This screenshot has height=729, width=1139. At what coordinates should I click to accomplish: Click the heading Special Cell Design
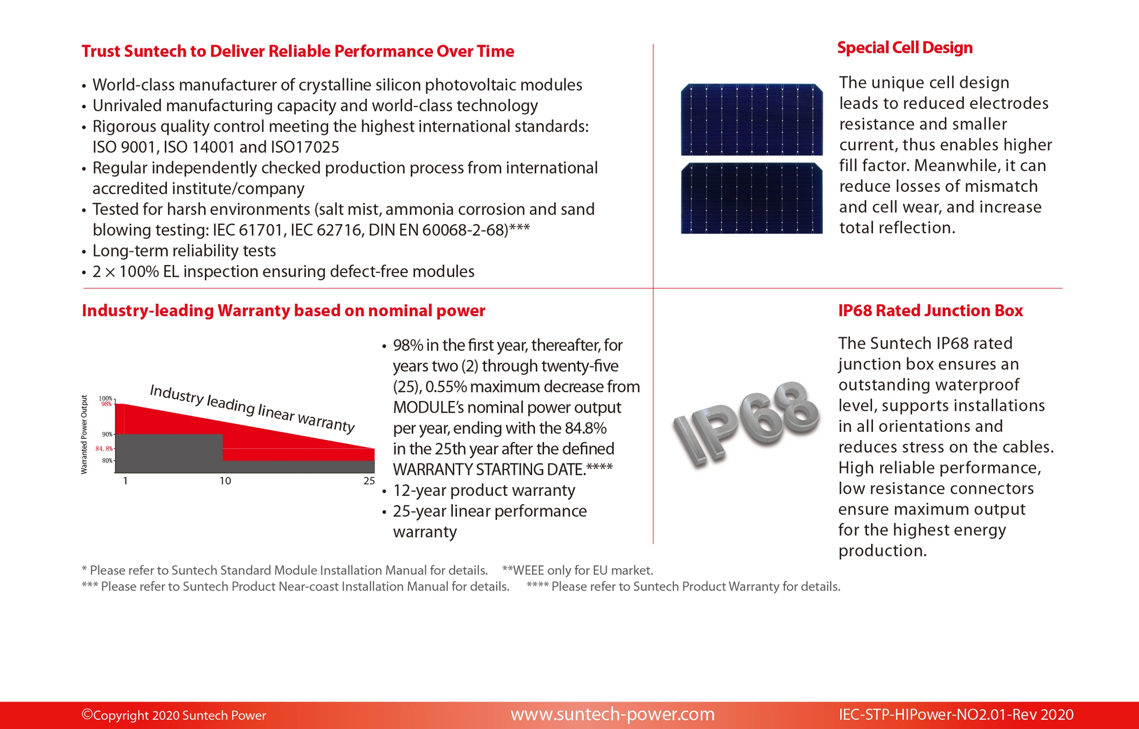[905, 48]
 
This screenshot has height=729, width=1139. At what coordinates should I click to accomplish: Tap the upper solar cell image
[751, 119]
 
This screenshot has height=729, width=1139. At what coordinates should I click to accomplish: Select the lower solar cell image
[751, 198]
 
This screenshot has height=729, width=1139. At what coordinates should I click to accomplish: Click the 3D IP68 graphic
[746, 424]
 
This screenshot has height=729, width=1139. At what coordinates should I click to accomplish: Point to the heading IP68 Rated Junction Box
[930, 311]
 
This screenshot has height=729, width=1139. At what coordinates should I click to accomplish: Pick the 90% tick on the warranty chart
[107, 434]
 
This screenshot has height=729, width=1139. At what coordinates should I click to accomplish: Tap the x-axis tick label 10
[225, 481]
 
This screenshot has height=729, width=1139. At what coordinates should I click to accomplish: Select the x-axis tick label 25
[369, 481]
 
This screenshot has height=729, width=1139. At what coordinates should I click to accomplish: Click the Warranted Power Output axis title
[84, 435]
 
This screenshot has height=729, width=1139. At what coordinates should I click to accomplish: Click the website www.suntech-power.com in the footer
[613, 714]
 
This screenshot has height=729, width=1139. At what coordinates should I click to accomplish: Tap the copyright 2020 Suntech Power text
[174, 715]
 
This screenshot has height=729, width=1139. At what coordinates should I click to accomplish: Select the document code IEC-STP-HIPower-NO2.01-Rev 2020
[956, 715]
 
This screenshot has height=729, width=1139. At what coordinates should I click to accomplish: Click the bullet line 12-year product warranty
[483, 490]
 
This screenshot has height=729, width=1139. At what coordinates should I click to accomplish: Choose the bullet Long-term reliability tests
[184, 251]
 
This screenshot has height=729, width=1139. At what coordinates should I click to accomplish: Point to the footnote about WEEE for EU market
[577, 570]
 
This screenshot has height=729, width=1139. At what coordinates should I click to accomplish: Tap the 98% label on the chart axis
[107, 404]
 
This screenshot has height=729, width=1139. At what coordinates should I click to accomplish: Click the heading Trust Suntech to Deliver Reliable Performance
[298, 51]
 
